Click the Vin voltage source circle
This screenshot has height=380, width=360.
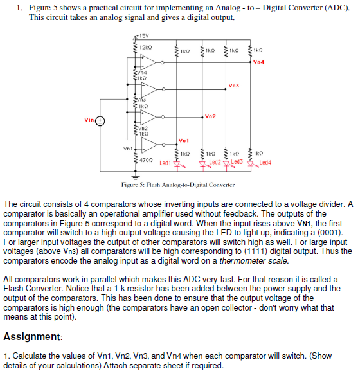tap(100, 121)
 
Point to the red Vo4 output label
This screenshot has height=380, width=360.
tap(259, 62)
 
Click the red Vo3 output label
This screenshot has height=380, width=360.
tap(233, 86)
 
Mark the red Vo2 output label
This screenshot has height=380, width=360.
tap(210, 116)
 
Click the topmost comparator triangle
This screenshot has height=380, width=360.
tap(149, 62)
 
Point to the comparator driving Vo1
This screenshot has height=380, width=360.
tap(149, 147)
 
